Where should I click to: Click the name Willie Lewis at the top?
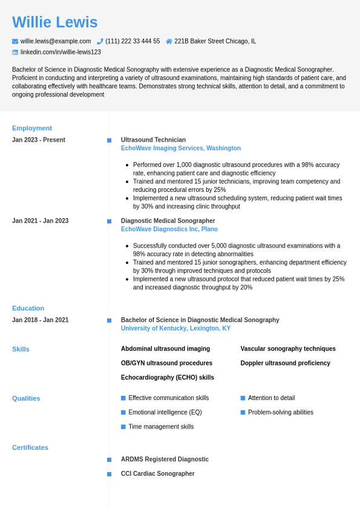click(x=54, y=22)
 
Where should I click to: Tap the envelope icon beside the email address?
click(x=15, y=41)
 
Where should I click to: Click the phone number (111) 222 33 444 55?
click(x=133, y=41)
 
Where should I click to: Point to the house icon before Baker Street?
click(x=169, y=41)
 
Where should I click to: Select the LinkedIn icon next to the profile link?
click(x=15, y=52)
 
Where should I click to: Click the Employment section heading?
click(x=32, y=128)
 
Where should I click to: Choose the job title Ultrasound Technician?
click(x=153, y=140)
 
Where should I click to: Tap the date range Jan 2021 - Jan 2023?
click(x=40, y=221)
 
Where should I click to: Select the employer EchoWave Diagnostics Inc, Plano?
click(x=169, y=229)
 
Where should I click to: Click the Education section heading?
click(x=28, y=308)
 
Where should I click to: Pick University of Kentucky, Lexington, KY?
click(x=175, y=329)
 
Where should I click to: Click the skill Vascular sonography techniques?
click(x=287, y=349)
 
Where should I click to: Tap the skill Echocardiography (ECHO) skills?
click(x=167, y=378)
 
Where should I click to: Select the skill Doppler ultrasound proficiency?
click(x=285, y=363)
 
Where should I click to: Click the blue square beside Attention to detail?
click(x=243, y=398)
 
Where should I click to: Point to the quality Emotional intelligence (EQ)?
click(x=165, y=412)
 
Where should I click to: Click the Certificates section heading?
click(x=30, y=448)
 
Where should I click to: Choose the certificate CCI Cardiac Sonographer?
click(x=157, y=474)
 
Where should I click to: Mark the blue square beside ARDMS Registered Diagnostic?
click(x=109, y=460)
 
